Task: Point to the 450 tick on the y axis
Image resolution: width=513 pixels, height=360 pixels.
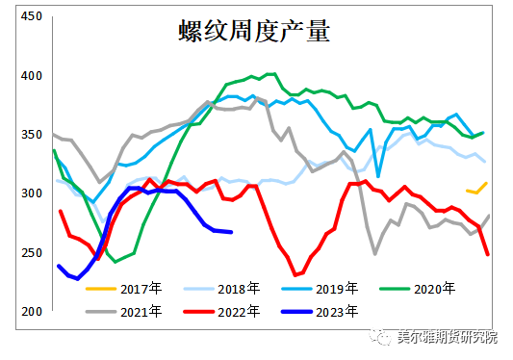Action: click(x=31, y=16)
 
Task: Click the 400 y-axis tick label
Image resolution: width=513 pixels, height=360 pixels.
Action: click(x=31, y=76)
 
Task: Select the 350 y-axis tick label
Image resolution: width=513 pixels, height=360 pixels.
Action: click(x=31, y=135)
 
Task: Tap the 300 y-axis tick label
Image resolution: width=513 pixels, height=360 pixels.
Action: click(x=31, y=193)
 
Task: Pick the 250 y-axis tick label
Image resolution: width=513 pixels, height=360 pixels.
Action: click(x=31, y=252)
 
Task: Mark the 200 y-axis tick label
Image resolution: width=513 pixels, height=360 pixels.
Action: click(x=31, y=312)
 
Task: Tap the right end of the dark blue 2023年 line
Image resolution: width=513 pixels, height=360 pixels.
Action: click(x=231, y=232)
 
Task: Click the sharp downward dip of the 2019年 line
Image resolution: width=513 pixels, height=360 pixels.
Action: click(x=378, y=176)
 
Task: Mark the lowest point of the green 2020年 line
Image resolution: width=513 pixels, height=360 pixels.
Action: click(x=116, y=261)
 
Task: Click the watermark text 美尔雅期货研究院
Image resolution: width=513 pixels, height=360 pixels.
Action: click(x=449, y=337)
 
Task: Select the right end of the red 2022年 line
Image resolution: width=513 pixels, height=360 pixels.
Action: click(x=488, y=254)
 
